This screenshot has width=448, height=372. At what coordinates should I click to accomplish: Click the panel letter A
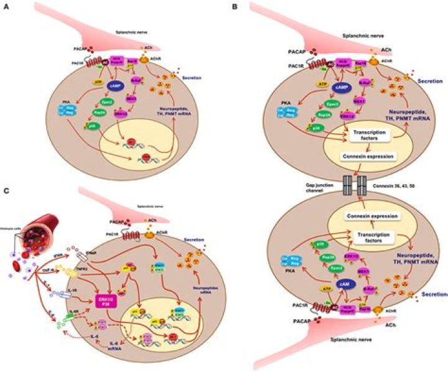(4, 6)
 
